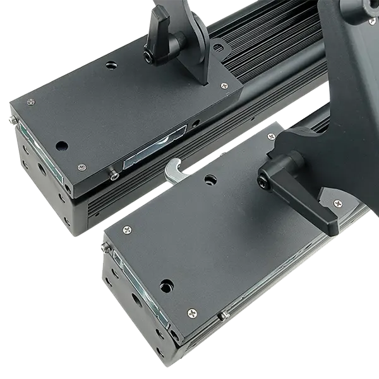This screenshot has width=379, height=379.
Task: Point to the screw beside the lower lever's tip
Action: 336,203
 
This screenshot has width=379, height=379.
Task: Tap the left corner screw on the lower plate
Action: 127,229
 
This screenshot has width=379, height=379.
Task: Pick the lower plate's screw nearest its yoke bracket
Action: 271,136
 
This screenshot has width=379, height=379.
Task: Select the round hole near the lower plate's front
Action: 166,285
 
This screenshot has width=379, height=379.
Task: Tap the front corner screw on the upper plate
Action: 81,167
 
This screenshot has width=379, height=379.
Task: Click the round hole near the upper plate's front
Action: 61,145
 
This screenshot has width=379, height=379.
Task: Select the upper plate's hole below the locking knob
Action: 112,65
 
